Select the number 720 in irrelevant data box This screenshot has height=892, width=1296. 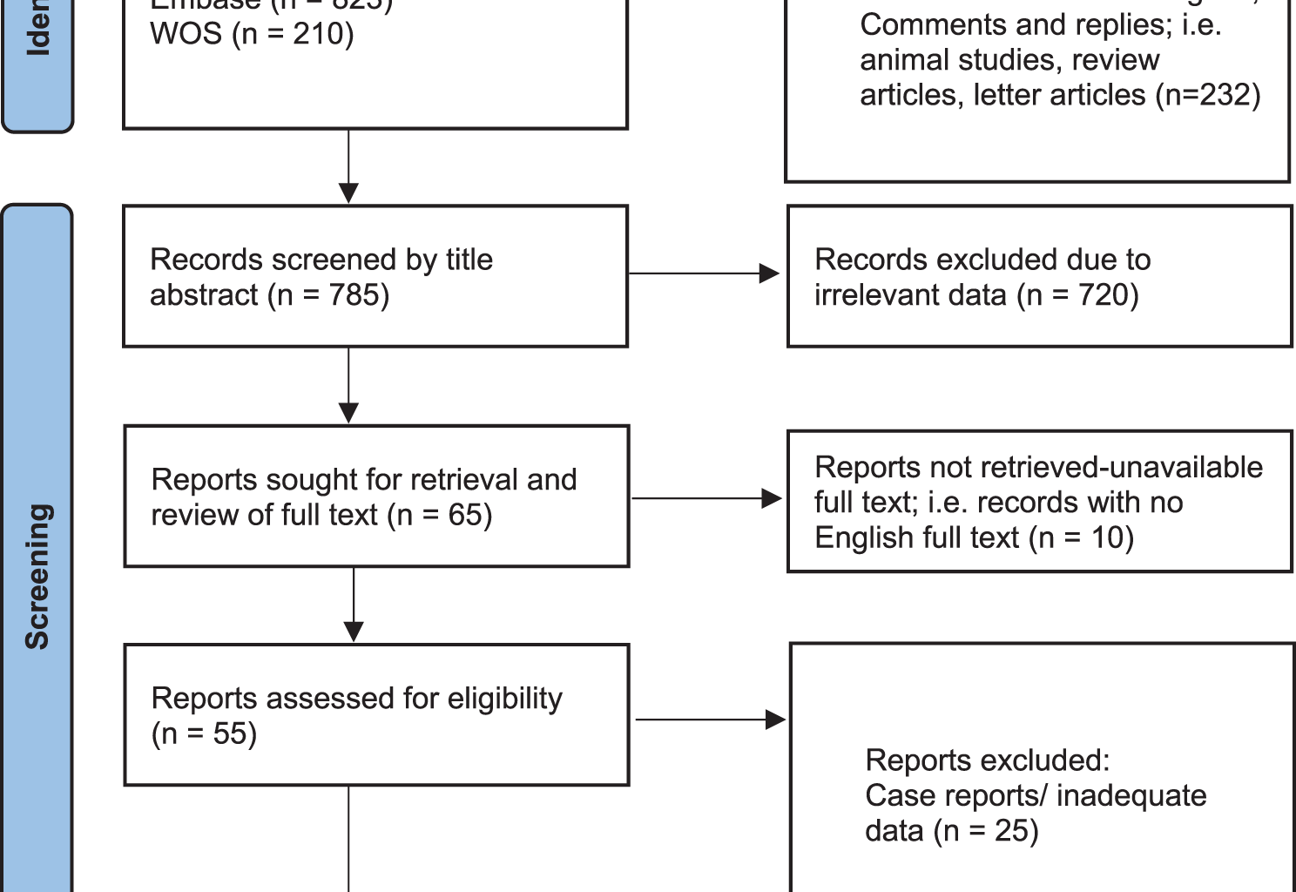[1103, 295]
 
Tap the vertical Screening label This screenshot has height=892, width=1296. [37, 576]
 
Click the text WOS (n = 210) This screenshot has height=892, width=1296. [252, 35]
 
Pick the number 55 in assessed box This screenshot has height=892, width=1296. [230, 733]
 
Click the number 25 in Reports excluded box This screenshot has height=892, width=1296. [1010, 830]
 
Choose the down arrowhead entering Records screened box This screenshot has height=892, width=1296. [348, 193]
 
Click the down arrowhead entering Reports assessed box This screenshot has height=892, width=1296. [354, 631]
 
